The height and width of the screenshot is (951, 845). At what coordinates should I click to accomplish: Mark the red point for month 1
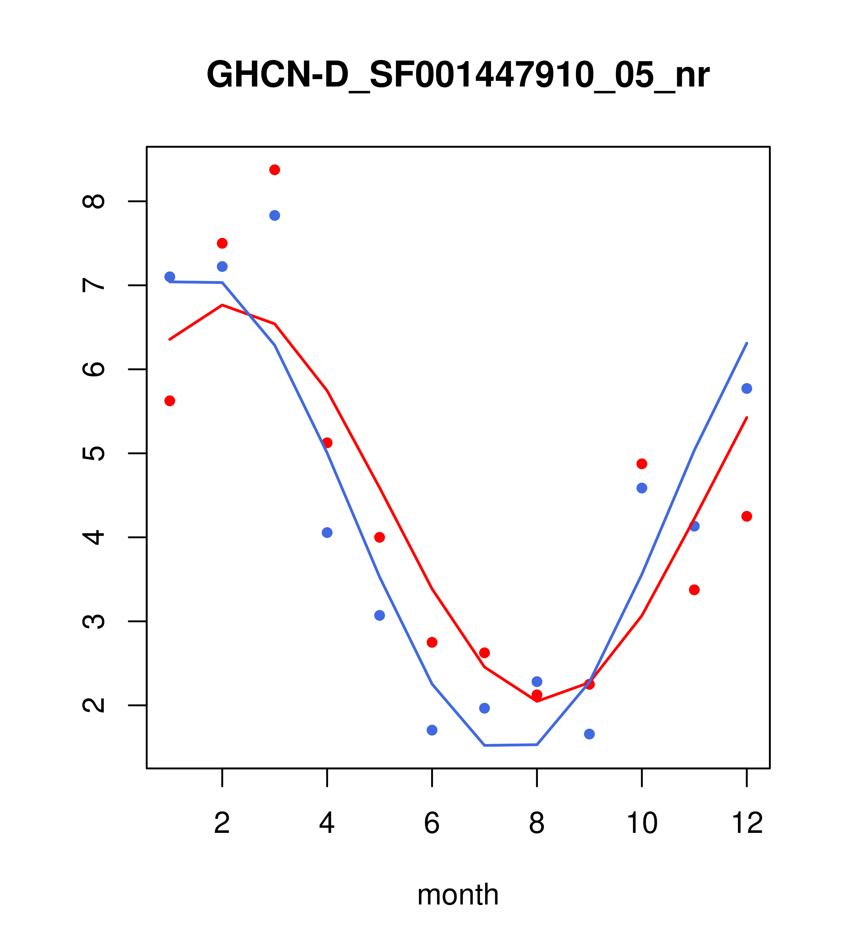(170, 401)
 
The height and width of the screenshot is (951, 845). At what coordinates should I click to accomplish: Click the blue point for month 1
(170, 277)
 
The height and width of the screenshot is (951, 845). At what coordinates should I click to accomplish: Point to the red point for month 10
(642, 464)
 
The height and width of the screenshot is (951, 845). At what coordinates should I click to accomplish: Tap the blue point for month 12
(747, 388)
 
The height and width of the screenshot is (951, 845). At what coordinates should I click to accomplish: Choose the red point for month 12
(747, 516)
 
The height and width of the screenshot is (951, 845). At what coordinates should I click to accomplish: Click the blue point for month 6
(432, 730)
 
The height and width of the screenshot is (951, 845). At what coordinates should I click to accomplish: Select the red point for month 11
(694, 590)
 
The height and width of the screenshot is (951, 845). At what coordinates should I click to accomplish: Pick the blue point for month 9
(589, 734)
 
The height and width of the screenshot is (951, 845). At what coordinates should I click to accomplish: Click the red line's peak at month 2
(222, 305)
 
